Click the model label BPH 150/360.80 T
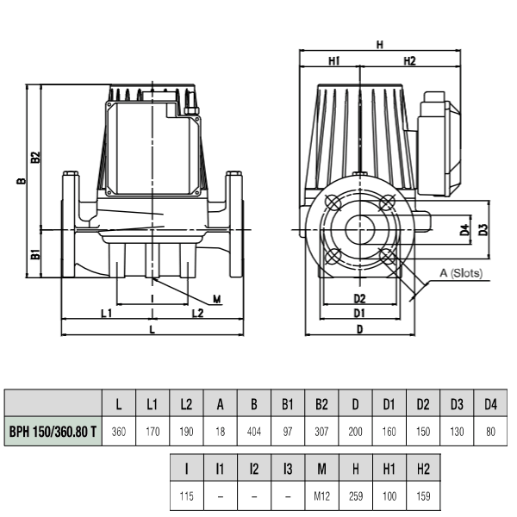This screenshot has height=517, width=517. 53,431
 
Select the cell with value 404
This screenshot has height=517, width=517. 254,431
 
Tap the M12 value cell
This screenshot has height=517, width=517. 321,495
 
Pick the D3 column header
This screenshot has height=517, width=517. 457,403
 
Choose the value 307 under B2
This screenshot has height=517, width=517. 321,432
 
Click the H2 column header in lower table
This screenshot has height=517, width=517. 423,468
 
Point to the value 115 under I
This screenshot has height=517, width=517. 187,496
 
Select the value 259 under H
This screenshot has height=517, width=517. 356,496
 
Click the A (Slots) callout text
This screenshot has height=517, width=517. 461,273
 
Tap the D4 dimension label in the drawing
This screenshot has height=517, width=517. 465,229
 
